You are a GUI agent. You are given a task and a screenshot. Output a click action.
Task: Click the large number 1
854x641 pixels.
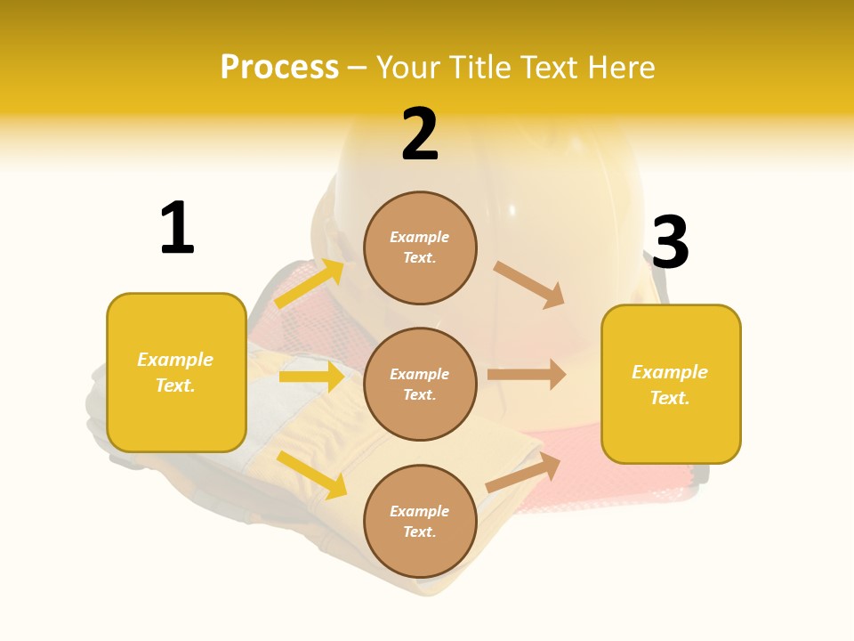click(177, 228)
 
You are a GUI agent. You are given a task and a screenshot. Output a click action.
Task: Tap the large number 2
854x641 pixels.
click(420, 134)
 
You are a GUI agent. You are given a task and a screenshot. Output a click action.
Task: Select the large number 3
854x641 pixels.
click(670, 242)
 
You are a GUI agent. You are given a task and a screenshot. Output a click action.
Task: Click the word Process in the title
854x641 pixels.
click(279, 67)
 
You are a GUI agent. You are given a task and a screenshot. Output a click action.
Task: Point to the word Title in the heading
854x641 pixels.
click(482, 67)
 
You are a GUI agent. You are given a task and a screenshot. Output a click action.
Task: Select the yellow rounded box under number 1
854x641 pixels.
click(176, 372)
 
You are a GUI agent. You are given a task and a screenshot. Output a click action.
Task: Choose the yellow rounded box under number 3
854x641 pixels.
click(671, 384)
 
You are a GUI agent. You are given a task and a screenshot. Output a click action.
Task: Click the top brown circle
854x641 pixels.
click(420, 247)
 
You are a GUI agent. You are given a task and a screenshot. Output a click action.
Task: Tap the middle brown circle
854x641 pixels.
click(420, 384)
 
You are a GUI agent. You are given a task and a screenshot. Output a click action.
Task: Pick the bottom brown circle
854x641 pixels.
click(420, 521)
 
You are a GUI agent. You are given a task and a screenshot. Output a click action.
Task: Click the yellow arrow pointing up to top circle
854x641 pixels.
click(310, 284)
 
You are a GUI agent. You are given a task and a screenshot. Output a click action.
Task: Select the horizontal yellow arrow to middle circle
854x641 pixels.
click(311, 377)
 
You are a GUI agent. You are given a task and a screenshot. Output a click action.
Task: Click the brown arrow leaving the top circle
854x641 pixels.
click(529, 284)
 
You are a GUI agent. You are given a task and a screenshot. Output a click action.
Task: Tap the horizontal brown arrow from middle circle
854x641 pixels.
click(527, 374)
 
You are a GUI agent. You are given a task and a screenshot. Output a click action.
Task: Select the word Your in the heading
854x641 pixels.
click(409, 67)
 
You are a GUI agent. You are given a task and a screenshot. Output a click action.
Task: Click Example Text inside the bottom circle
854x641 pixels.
click(420, 521)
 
